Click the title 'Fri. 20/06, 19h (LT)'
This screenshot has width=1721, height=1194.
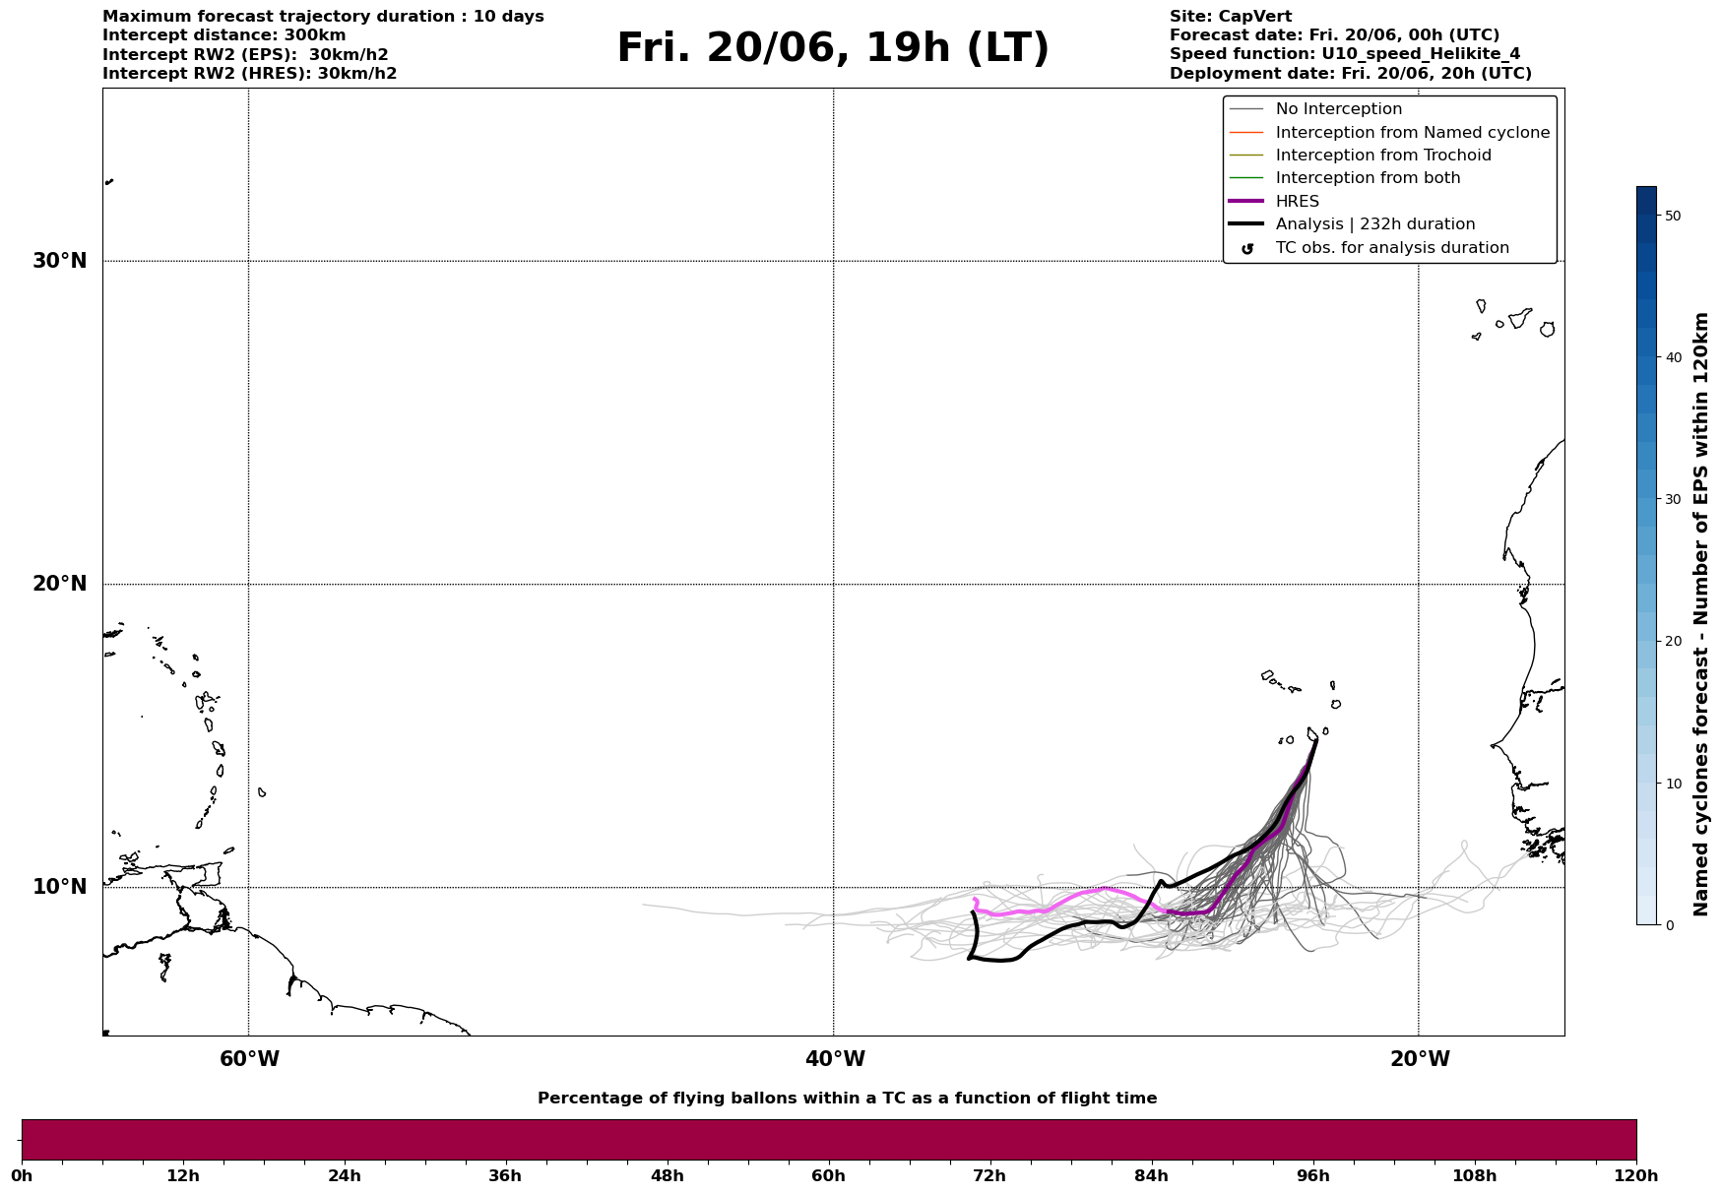pos(833,48)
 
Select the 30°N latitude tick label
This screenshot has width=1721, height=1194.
pos(59,261)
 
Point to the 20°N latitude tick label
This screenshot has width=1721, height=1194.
pos(59,584)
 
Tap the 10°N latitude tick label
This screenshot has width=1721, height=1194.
pos(59,887)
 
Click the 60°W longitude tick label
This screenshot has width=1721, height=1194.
pos(249,1059)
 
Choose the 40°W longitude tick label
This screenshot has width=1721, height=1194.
pos(835,1059)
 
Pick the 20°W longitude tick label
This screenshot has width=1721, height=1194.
pos(1420,1059)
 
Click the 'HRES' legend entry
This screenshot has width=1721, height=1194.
pos(1297,202)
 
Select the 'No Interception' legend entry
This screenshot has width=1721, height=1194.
pos(1338,109)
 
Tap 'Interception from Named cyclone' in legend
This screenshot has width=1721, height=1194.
pos(1412,133)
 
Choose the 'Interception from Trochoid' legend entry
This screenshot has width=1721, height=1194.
pos(1382,156)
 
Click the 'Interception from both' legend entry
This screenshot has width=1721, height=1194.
pos(1368,178)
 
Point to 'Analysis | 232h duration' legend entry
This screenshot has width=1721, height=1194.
pos(1374,224)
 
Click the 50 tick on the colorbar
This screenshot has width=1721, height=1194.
pos(1672,216)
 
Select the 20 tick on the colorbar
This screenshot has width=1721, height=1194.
pos(1672,641)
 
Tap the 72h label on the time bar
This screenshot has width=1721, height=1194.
pos(989,1176)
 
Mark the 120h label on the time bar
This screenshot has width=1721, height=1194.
pos(1635,1176)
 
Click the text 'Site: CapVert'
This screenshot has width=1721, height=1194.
pos(1230,17)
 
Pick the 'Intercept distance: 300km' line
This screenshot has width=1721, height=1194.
pos(223,35)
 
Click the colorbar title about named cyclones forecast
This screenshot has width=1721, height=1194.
pos(1700,614)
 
